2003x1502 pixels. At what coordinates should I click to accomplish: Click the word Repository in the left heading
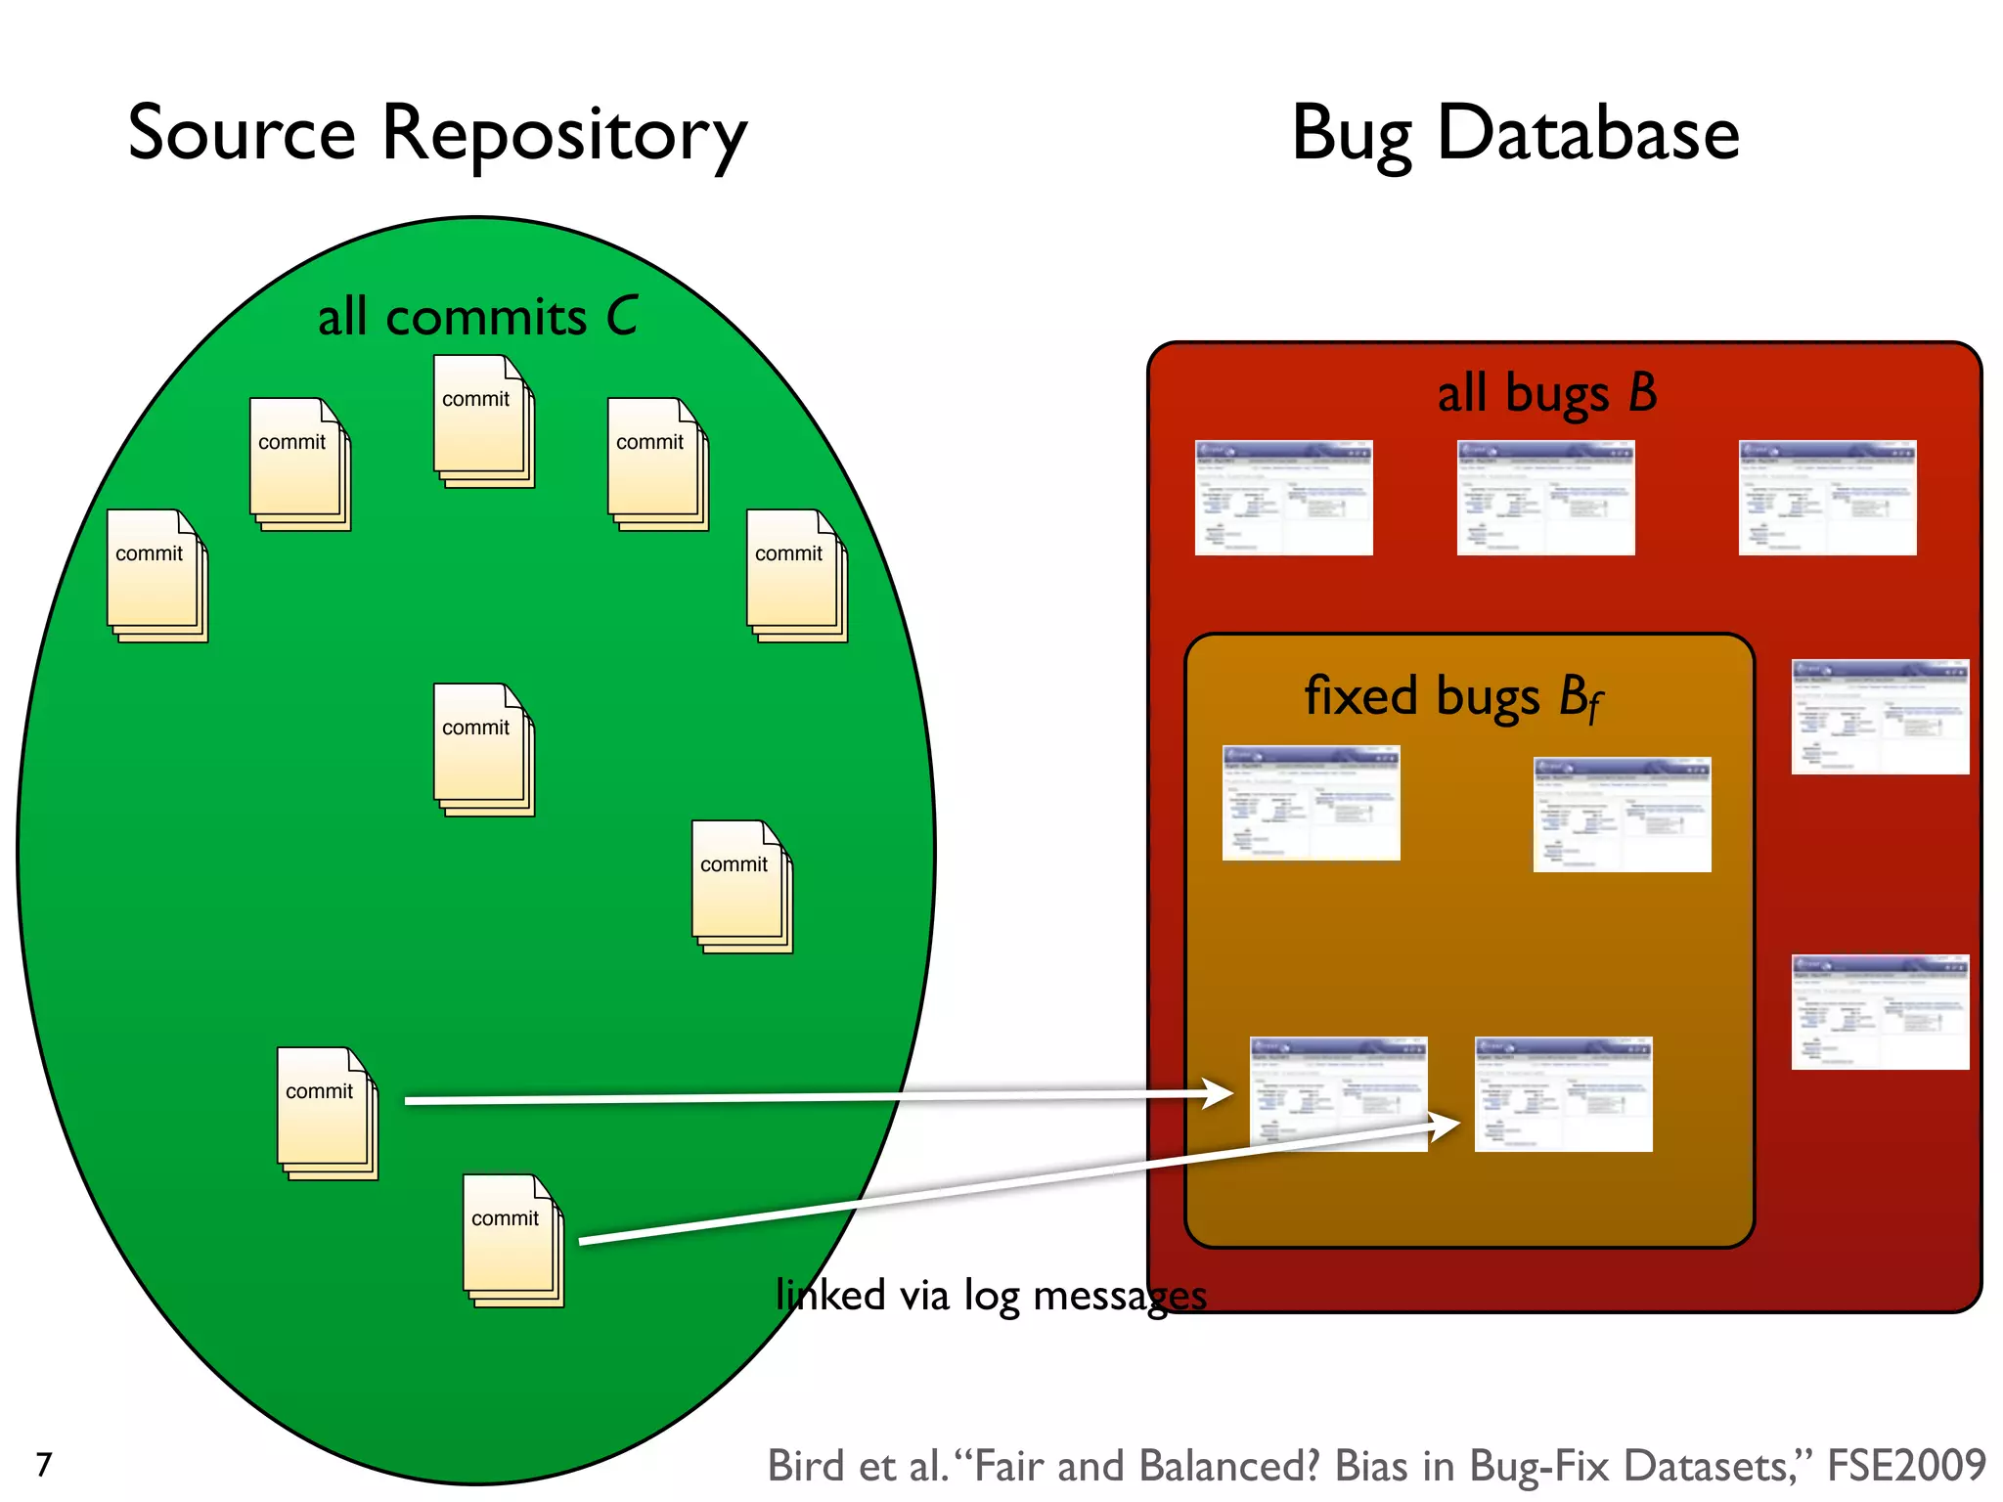(564, 135)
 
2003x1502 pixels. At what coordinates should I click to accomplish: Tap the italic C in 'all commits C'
(622, 316)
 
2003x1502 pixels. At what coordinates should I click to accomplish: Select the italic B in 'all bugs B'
(1642, 392)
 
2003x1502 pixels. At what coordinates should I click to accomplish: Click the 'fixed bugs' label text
(1424, 696)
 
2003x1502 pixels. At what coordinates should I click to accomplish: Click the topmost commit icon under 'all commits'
(483, 420)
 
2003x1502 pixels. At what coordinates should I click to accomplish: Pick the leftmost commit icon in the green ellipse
(156, 575)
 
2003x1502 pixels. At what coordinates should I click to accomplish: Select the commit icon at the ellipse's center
(483, 749)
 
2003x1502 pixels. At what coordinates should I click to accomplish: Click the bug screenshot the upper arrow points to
(1338, 1093)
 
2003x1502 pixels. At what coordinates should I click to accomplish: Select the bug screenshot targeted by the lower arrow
(1563, 1093)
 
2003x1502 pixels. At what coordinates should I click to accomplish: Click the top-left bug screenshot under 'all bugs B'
(1283, 497)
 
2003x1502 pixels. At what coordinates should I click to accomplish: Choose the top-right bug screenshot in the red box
(1827, 497)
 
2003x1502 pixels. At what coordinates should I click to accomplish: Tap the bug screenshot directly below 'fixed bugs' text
(1311, 802)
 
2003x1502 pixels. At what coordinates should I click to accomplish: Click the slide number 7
(44, 1464)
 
